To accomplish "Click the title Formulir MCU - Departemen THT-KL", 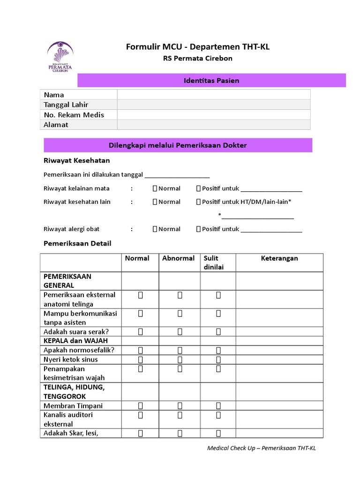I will click(x=198, y=46).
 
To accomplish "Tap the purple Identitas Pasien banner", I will click(x=211, y=81).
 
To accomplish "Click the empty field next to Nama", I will click(x=213, y=95).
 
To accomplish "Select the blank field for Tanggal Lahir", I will click(x=213, y=105).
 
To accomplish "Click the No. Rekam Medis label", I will click(x=74, y=115).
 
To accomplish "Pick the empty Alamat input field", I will click(x=213, y=125).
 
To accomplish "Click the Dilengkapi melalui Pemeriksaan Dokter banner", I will click(x=178, y=145).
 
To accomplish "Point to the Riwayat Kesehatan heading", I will click(x=76, y=160).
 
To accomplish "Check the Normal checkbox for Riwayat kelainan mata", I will click(x=155, y=188).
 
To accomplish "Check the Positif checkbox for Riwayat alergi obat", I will click(x=198, y=229).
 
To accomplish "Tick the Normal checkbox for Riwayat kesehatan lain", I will click(x=155, y=202).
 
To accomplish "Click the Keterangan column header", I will click(x=279, y=258).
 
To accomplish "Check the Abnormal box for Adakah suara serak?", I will click(x=180, y=331).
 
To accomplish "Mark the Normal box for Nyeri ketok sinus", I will click(x=140, y=360).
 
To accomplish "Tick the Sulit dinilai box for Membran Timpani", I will click(x=218, y=405).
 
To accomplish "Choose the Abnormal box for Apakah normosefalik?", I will click(x=180, y=350).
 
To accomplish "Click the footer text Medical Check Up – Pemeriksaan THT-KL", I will click(x=262, y=448).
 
